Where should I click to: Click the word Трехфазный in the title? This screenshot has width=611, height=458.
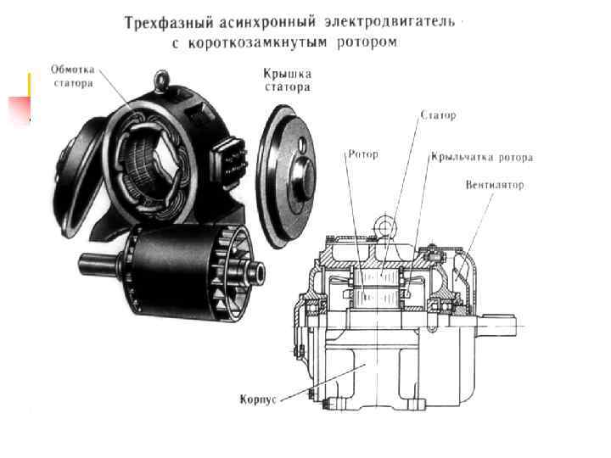(169, 23)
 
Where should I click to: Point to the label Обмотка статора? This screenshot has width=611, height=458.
(73, 76)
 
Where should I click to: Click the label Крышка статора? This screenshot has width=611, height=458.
(288, 81)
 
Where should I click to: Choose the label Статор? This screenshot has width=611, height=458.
(439, 115)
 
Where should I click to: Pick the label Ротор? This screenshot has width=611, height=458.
(363, 155)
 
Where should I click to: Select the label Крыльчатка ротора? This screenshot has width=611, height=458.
(482, 158)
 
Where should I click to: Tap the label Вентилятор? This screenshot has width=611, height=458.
(495, 185)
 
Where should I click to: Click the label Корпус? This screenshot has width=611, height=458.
(258, 399)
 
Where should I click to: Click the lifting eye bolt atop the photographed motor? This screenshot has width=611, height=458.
(161, 81)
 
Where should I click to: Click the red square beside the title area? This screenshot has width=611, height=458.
(20, 109)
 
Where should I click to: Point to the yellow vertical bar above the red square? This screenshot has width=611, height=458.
(29, 84)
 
